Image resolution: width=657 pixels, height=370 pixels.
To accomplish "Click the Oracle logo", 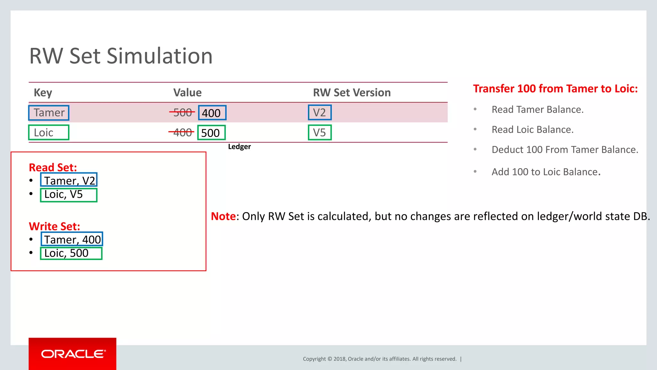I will click(x=73, y=354).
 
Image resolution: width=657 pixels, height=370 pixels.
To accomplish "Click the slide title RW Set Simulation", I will click(x=121, y=56).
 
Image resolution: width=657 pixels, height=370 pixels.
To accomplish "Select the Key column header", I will click(x=43, y=93).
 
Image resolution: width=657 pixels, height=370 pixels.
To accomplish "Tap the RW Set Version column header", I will click(x=352, y=93).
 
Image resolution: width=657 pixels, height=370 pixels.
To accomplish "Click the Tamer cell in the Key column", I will click(x=49, y=113).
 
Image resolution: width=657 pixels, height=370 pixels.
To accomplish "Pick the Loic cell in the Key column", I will click(x=49, y=133).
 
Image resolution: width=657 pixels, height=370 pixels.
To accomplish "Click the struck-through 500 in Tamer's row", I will click(x=182, y=113).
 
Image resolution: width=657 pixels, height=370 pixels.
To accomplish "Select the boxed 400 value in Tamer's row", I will click(x=212, y=113).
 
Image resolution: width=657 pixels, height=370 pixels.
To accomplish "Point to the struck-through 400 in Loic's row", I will click(x=182, y=133).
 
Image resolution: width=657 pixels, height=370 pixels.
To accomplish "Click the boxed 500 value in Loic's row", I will click(x=211, y=133).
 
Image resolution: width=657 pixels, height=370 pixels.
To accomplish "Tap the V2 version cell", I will click(x=320, y=113).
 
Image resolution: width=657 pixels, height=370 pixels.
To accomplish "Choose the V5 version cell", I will click(x=320, y=133).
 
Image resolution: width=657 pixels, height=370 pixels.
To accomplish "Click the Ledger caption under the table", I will click(x=239, y=147).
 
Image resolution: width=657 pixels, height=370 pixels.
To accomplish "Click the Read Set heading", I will click(x=53, y=168).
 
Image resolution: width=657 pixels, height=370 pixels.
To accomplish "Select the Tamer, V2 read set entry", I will click(x=69, y=180).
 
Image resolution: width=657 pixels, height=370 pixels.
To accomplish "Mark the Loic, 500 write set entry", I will click(x=71, y=253).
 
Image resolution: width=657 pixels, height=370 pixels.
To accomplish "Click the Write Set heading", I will click(x=54, y=227).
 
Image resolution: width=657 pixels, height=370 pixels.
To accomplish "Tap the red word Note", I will click(x=223, y=216).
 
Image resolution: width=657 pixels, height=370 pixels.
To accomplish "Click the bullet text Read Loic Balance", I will click(x=532, y=130).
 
